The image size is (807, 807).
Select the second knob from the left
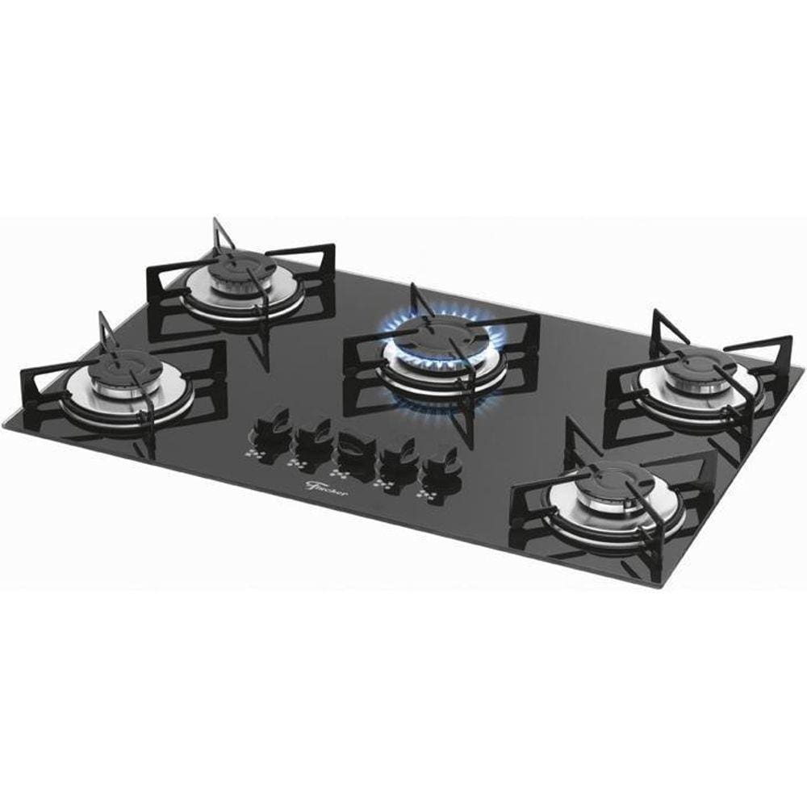(312, 438)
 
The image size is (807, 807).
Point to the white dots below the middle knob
(339, 472)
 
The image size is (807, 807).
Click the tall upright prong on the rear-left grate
(215, 233)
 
